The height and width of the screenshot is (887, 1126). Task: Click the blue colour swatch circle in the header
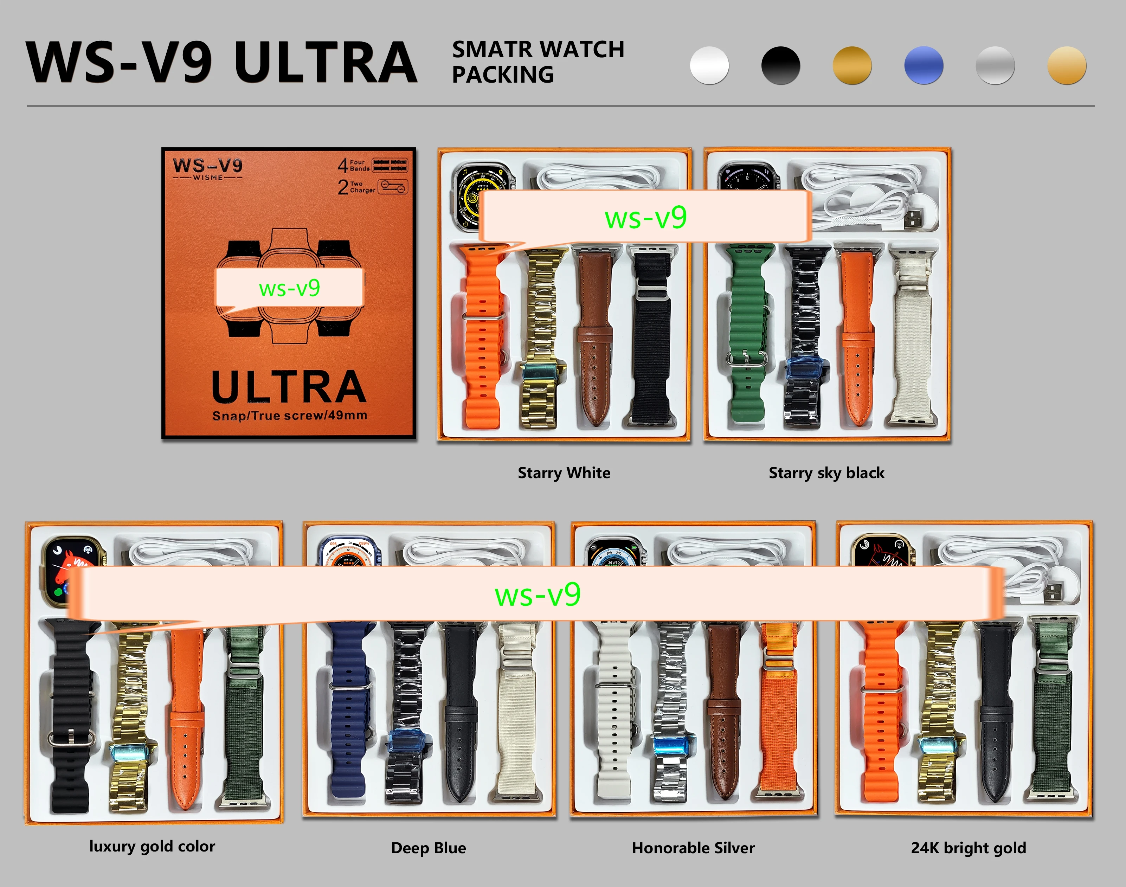point(924,65)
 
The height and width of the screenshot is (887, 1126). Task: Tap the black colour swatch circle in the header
point(781,65)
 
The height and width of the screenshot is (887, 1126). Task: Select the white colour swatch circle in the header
point(709,65)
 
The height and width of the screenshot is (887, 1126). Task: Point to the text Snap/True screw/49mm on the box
point(289,416)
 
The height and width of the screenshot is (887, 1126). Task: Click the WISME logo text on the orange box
point(208,178)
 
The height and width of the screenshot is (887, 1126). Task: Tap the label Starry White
point(564,473)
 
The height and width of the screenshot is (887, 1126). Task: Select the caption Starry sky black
point(826,473)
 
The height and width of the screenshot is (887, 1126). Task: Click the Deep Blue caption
point(429,848)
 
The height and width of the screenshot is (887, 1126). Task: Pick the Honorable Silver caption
point(693,848)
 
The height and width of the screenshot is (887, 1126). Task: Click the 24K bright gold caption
point(968,848)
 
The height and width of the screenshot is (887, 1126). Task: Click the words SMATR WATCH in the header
point(538,49)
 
